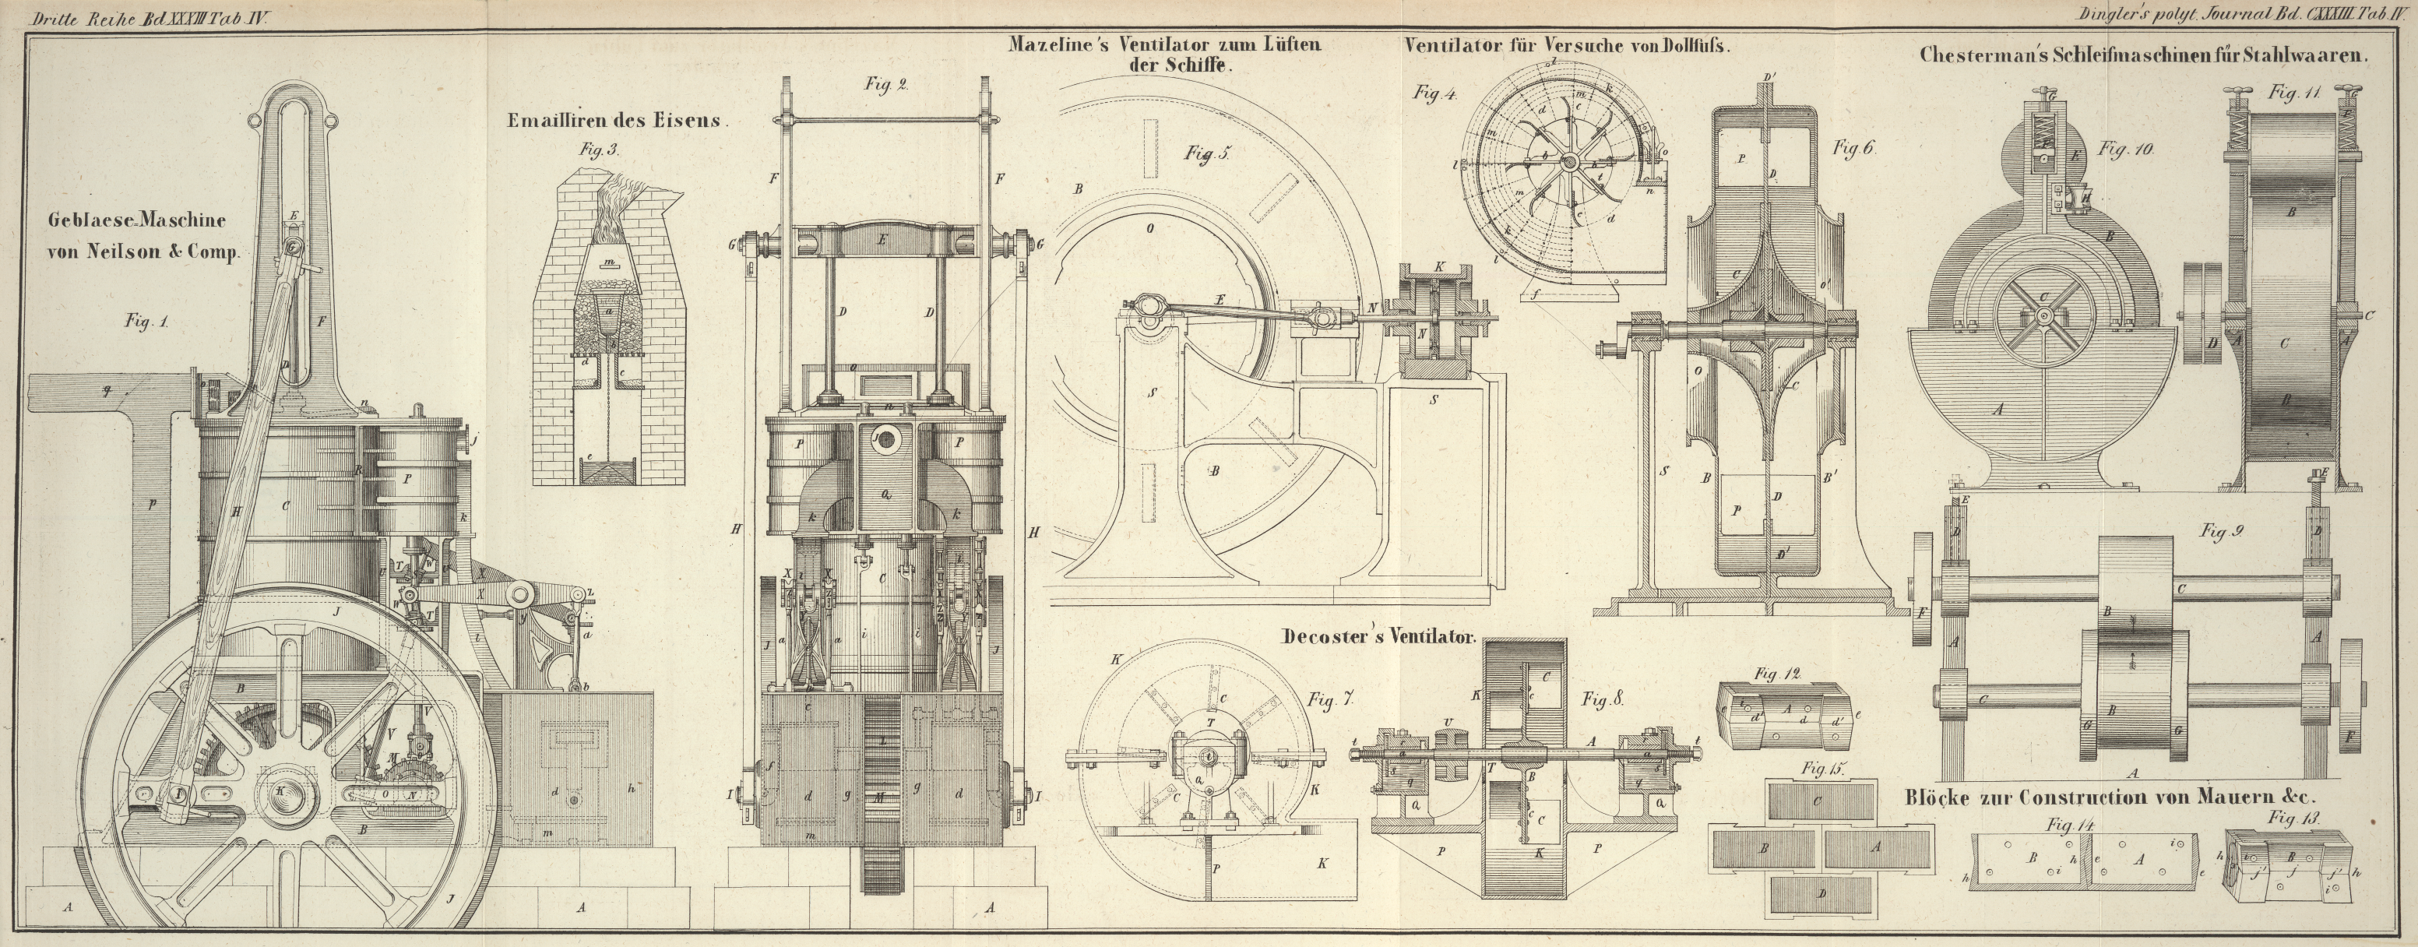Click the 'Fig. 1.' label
coord(146,321)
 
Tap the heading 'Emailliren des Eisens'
coord(618,121)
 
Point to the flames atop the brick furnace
coord(616,202)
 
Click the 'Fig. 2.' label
coord(885,84)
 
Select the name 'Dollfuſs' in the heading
coord(1695,46)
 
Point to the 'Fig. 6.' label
coord(1853,148)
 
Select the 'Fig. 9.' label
coord(2221,532)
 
